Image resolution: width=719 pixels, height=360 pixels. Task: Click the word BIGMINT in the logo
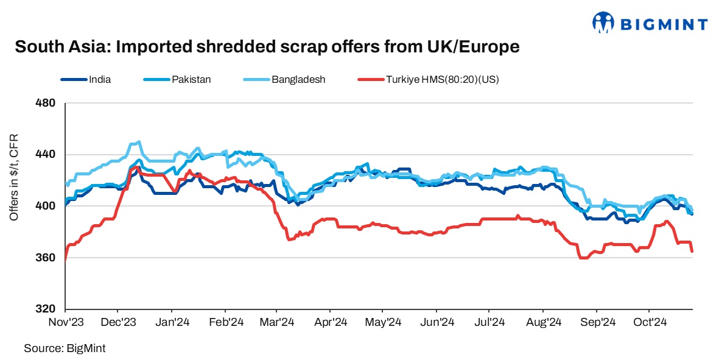tap(664, 24)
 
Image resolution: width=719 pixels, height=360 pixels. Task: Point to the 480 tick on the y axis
tap(48, 103)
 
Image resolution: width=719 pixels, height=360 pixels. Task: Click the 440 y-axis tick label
tap(48, 155)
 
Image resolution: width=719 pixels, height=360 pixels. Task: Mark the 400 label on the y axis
tap(48, 206)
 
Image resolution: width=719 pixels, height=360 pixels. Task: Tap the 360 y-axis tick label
tap(48, 258)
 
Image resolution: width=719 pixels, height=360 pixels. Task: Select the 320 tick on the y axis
tap(48, 309)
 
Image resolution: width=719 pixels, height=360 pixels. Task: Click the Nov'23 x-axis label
tap(66, 322)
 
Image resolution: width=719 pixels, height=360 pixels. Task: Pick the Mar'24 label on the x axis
tap(278, 322)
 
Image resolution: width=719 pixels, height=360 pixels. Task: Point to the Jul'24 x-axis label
tap(490, 322)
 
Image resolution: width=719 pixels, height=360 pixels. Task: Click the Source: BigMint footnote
tap(60, 348)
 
